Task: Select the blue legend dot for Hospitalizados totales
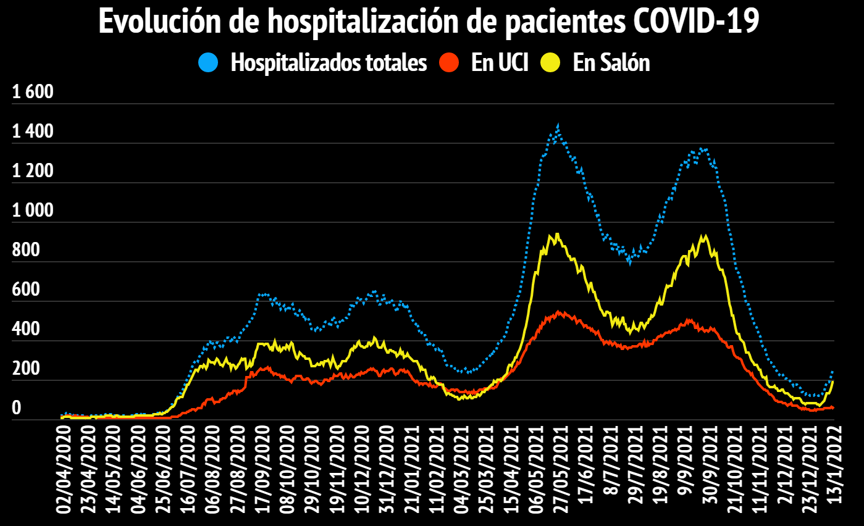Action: pyautogui.click(x=208, y=62)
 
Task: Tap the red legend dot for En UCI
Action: pyautogui.click(x=449, y=62)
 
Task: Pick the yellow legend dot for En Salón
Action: pyautogui.click(x=550, y=62)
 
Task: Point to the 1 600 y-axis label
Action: pyautogui.click(x=34, y=93)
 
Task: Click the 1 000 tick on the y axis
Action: pyautogui.click(x=34, y=211)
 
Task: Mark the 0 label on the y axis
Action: pyautogui.click(x=17, y=409)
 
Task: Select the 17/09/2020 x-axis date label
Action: pyautogui.click(x=264, y=470)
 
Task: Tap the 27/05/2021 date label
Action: pyautogui.click(x=561, y=470)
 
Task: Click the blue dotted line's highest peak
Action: pyautogui.click(x=558, y=127)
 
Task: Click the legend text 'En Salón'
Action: pyautogui.click(x=611, y=62)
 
